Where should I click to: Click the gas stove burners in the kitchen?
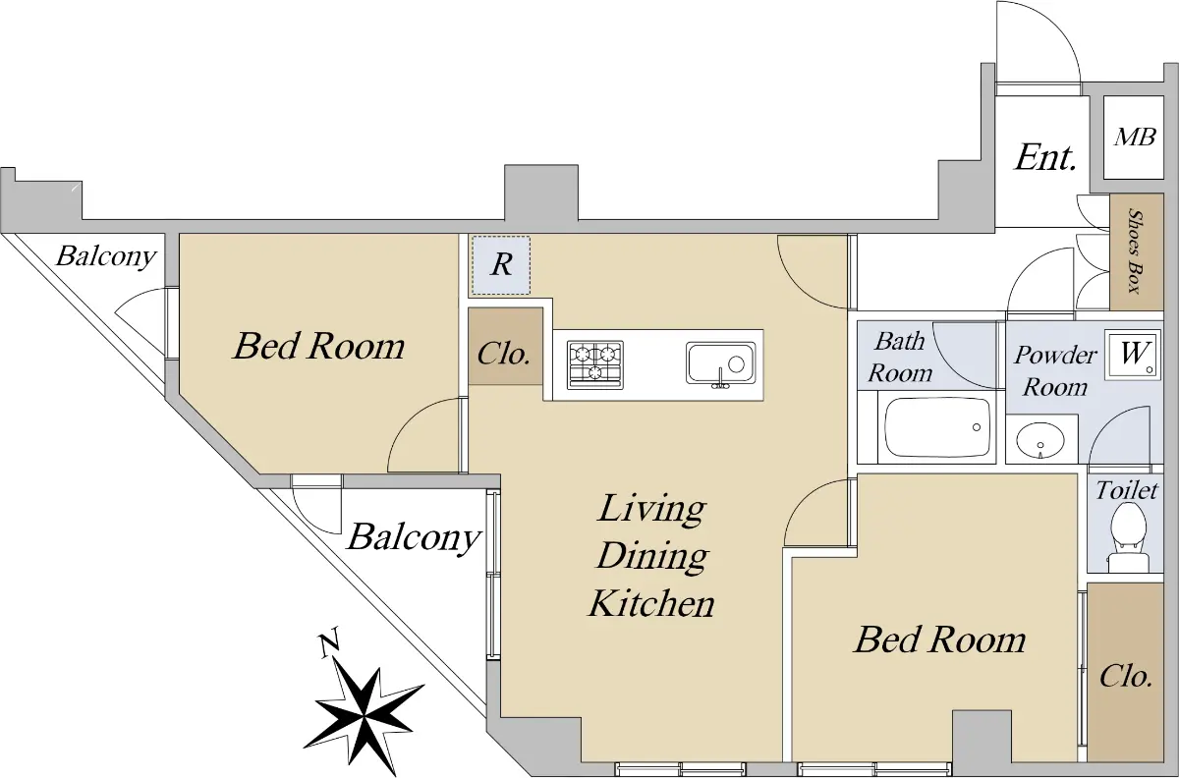(x=595, y=364)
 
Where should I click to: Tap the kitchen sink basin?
(x=720, y=363)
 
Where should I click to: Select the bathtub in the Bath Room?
(x=937, y=427)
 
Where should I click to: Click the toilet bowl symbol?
(x=1129, y=537)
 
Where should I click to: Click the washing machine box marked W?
(x=1133, y=355)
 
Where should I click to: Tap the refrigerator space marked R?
(x=501, y=265)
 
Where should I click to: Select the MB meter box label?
(x=1135, y=138)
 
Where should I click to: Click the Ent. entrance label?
(x=1045, y=157)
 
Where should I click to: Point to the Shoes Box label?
(x=1136, y=251)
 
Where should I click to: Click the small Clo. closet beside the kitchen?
(x=505, y=347)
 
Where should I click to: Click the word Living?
(x=651, y=509)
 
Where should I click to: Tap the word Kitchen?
(x=651, y=603)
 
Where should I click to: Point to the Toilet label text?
(x=1127, y=490)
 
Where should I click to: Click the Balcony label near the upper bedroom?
(x=106, y=256)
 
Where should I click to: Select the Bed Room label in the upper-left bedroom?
(x=319, y=346)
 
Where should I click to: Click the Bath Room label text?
(x=900, y=357)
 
